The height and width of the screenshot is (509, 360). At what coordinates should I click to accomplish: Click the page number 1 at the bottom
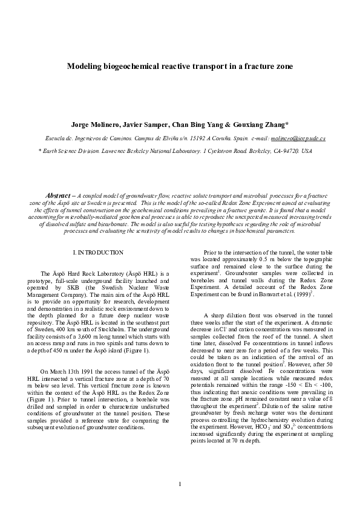tap(180, 485)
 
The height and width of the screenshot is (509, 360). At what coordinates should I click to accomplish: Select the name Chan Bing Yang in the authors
tap(199, 125)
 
